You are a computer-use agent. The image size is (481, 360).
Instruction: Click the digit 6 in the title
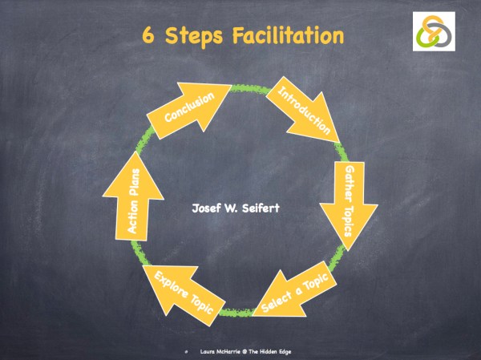coord(149,36)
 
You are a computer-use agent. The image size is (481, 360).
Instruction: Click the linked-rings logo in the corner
coord(437,32)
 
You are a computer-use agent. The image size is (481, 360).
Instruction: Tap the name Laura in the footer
coord(206,351)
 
